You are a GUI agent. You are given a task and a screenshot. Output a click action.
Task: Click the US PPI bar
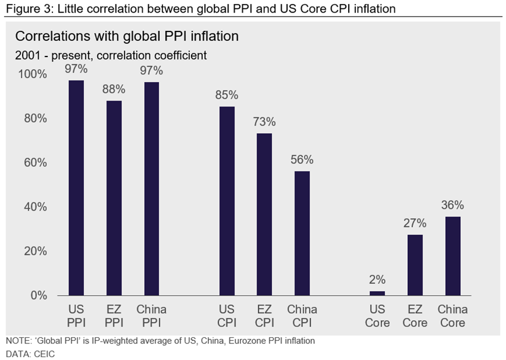pos(76,188)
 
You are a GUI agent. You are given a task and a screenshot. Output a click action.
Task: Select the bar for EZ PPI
pos(114,198)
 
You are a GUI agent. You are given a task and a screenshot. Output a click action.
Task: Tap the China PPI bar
pos(151,189)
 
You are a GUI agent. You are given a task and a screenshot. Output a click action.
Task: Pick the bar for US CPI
pos(227,201)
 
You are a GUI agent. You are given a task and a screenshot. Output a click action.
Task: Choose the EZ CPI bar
pos(264,214)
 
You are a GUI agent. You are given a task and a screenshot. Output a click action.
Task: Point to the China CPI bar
pos(302,233)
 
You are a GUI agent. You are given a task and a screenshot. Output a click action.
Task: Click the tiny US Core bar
pos(377,293)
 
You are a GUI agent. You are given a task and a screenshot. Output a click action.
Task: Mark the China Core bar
pos(452,256)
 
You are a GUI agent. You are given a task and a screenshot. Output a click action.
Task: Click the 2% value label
pos(377,279)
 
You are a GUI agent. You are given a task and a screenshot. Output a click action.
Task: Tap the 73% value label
pos(264,122)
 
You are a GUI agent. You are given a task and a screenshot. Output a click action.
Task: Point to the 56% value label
pos(302,159)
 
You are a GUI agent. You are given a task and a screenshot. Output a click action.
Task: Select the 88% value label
pos(114,89)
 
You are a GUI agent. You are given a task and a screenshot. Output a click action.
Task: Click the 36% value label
pos(452,205)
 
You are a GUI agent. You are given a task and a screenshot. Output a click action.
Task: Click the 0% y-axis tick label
pos(38,296)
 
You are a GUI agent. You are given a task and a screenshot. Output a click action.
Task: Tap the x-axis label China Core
pos(452,316)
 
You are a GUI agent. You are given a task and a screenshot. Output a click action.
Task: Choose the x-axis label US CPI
pos(227,316)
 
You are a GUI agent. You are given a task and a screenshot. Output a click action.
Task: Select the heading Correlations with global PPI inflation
pos(127,36)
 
